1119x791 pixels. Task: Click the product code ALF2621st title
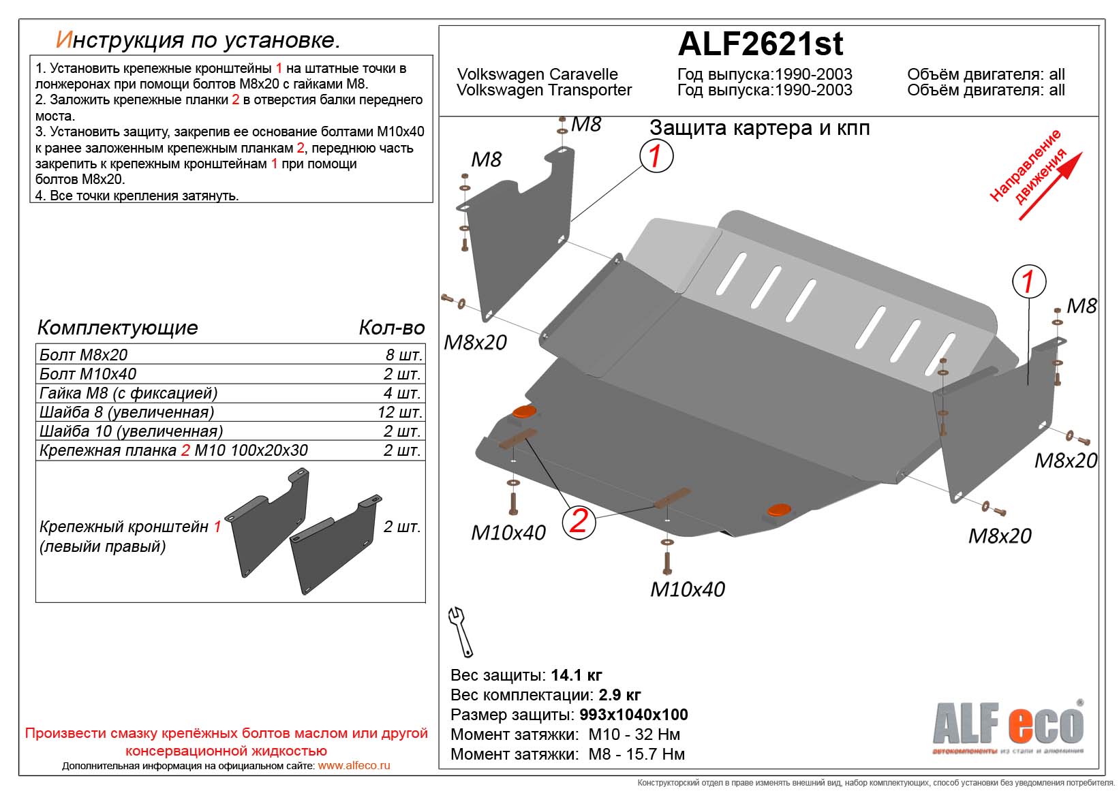click(760, 44)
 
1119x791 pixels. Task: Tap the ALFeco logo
click(1007, 726)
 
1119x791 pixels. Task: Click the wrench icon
click(461, 632)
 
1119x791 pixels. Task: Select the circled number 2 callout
click(578, 521)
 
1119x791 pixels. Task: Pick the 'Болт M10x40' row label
click(88, 374)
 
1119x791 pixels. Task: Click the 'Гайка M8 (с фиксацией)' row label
click(128, 393)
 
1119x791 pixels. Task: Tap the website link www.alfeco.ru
click(354, 765)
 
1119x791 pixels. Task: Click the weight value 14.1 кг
click(576, 675)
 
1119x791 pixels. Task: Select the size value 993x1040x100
click(633, 715)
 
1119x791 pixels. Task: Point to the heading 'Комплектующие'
click(117, 328)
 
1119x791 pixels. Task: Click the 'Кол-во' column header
click(391, 328)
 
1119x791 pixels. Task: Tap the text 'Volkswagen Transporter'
click(544, 91)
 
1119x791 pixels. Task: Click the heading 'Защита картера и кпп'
click(759, 128)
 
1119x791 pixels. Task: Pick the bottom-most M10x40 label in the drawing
click(687, 589)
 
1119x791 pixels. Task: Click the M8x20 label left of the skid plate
click(475, 342)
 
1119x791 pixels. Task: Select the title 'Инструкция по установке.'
click(198, 40)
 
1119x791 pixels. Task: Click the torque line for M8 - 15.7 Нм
click(568, 754)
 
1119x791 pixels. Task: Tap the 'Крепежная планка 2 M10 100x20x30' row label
click(173, 450)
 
